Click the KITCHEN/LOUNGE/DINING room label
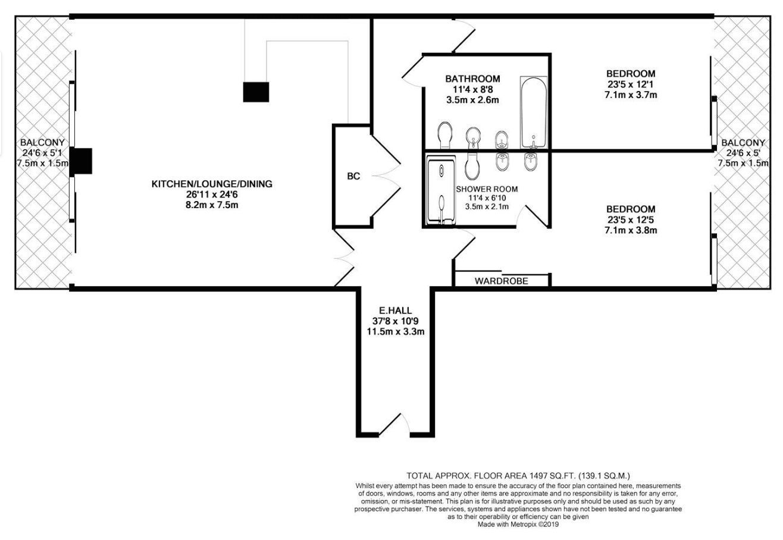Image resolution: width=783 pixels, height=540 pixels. click(212, 184)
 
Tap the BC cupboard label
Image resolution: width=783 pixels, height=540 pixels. click(353, 177)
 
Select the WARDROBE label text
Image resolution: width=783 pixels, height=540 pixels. click(501, 281)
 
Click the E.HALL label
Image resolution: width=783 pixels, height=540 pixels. click(395, 310)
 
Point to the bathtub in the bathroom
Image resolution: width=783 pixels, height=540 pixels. click(533, 112)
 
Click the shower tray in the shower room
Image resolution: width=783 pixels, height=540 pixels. click(441, 190)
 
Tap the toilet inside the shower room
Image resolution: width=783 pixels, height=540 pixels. click(472, 167)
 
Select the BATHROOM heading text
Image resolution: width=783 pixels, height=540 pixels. click(472, 79)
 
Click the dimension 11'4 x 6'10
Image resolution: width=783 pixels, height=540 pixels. click(487, 198)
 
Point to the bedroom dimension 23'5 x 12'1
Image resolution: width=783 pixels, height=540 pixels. click(631, 84)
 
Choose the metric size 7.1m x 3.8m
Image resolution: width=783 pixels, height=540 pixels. click(631, 230)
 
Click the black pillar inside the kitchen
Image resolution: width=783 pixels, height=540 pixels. click(256, 92)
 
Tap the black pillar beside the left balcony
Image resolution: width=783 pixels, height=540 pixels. click(81, 161)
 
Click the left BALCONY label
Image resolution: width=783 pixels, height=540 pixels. click(42, 143)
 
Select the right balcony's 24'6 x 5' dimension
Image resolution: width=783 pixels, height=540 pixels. click(743, 153)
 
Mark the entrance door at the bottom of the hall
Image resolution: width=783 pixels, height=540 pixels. click(394, 425)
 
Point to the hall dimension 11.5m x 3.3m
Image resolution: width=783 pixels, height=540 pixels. click(395, 331)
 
